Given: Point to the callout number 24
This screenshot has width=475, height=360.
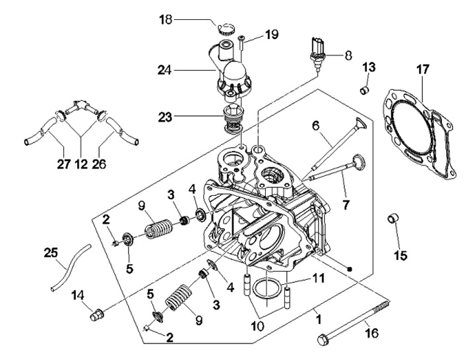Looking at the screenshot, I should [166, 69].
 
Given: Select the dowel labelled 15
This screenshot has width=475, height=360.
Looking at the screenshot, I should [393, 219].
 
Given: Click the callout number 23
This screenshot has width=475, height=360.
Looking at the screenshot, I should [166, 117].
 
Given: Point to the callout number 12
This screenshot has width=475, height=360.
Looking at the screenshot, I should [81, 162].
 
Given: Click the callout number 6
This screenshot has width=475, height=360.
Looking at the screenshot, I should [334, 124].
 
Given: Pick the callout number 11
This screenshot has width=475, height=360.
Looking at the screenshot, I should [319, 278].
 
